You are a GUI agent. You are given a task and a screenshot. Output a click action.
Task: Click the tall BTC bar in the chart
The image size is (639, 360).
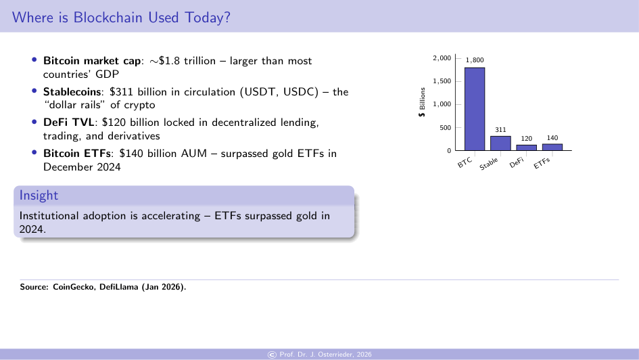tap(474, 109)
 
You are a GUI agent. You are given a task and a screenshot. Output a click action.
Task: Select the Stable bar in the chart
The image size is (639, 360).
tap(500, 143)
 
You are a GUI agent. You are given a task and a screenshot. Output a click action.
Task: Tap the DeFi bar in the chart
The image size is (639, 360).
tap(526, 148)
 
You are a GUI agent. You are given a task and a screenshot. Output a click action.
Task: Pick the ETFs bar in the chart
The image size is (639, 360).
tap(552, 147)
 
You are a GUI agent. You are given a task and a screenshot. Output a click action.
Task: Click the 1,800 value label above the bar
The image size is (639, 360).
tap(474, 61)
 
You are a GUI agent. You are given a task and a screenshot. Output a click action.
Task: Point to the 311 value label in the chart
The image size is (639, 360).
tap(500, 129)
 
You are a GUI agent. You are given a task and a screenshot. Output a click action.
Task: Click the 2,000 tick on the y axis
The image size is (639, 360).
tap(442, 58)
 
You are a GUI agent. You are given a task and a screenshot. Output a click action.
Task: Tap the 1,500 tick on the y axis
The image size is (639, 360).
tap(442, 81)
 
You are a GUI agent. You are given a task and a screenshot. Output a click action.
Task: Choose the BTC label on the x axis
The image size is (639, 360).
tap(465, 163)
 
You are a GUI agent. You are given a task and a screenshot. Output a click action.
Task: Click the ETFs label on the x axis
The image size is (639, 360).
tap(542, 163)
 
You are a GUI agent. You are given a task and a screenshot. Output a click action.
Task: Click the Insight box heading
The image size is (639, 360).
tap(39, 196)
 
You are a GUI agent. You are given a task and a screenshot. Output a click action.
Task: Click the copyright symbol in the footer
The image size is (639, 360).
tap(273, 355)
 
